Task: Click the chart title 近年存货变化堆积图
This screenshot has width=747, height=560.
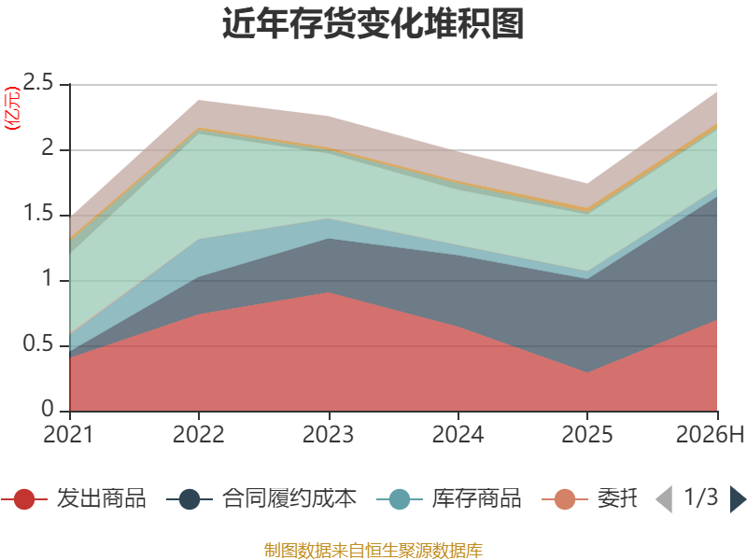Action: pyautogui.click(x=373, y=23)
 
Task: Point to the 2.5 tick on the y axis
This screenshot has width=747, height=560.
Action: pyautogui.click(x=38, y=82)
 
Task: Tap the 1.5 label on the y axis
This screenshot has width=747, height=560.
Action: pyautogui.click(x=38, y=214)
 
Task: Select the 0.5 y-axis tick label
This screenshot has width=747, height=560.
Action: pyautogui.click(x=38, y=343)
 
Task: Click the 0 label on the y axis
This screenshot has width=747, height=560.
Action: pyautogui.click(x=48, y=409)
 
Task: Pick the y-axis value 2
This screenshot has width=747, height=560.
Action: pyautogui.click(x=48, y=147)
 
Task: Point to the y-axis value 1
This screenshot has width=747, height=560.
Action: pyautogui.click(x=48, y=278)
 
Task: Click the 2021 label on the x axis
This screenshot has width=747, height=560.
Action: pyautogui.click(x=68, y=434)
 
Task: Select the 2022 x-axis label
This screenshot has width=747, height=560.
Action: pyautogui.click(x=198, y=434)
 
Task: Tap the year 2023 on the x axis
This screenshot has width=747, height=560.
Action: pyautogui.click(x=329, y=434)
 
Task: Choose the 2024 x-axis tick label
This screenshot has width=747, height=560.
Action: pyautogui.click(x=458, y=434)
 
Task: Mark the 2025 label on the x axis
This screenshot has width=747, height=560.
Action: pyautogui.click(x=587, y=434)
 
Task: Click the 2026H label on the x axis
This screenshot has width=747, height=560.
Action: pyautogui.click(x=710, y=434)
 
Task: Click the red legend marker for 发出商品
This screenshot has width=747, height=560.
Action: pyautogui.click(x=24, y=499)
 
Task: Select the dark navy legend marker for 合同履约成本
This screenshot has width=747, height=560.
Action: pyautogui.click(x=190, y=499)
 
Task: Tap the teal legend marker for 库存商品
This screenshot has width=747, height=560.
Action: pyautogui.click(x=400, y=499)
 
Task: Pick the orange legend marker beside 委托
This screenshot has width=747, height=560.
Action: pyautogui.click(x=565, y=499)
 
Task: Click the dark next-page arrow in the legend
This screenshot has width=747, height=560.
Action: pyautogui.click(x=738, y=499)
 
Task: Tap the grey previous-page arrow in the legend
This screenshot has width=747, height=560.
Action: pyautogui.click(x=665, y=499)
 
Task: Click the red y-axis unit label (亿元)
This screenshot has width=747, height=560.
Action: pyautogui.click(x=12, y=108)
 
